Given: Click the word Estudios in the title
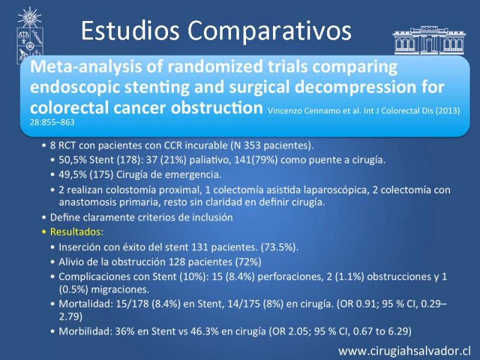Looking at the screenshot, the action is (x=130, y=31).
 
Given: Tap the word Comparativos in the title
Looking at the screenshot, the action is (x=269, y=32).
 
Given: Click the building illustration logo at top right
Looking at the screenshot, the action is (x=429, y=40).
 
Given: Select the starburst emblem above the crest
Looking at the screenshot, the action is (x=29, y=17).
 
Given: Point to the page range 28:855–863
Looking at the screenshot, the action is (x=52, y=122).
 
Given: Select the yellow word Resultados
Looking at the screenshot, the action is (x=77, y=232).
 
